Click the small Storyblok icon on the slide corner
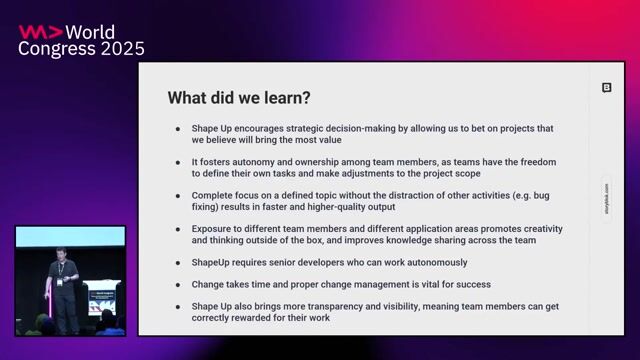(606, 88)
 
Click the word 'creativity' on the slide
(536, 227)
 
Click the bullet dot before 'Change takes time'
(178, 284)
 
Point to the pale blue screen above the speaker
(70, 237)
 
